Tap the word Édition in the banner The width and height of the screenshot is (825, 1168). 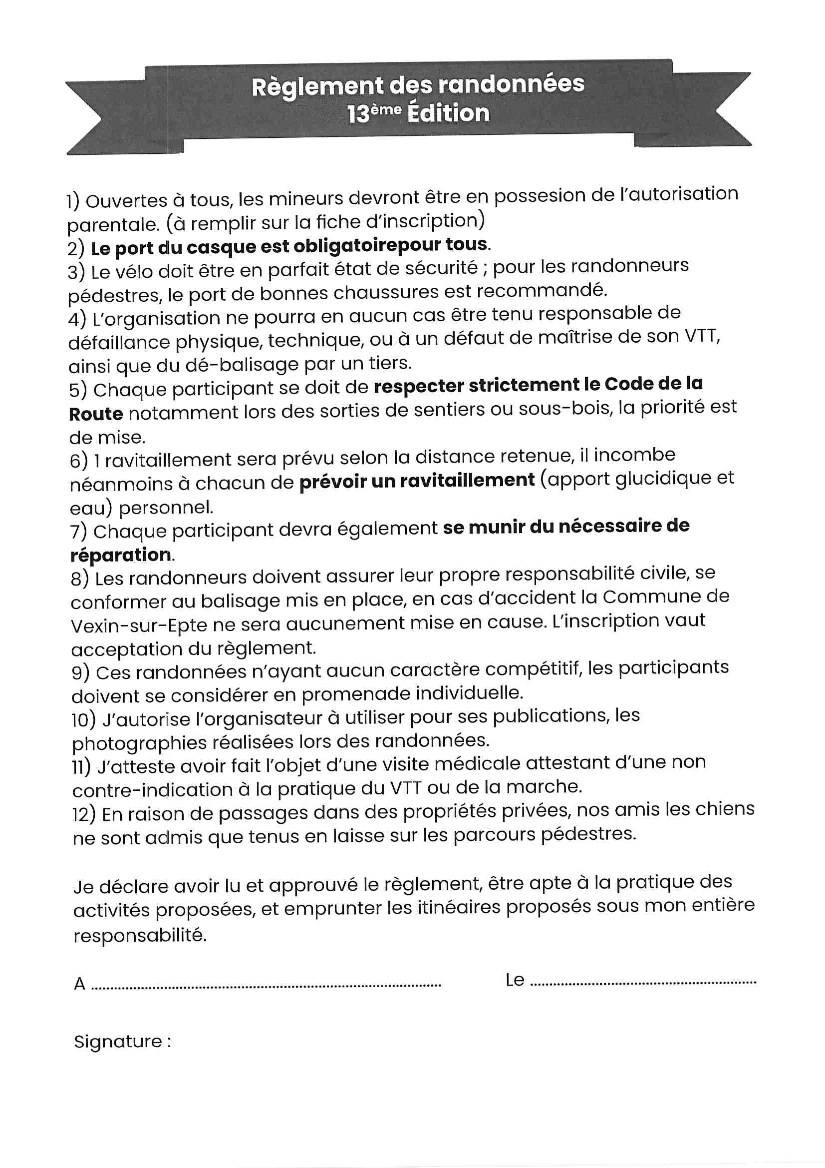tap(448, 113)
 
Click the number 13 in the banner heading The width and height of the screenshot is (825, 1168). tap(358, 114)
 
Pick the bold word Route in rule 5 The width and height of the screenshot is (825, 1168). tap(95, 414)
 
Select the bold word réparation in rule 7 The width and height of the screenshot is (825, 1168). tap(120, 555)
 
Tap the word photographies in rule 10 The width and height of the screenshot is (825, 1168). tap(139, 743)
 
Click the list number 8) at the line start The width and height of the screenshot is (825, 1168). tap(80, 579)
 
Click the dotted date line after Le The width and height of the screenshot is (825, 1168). tap(643, 982)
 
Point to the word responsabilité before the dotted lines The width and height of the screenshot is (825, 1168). tap(140, 935)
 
